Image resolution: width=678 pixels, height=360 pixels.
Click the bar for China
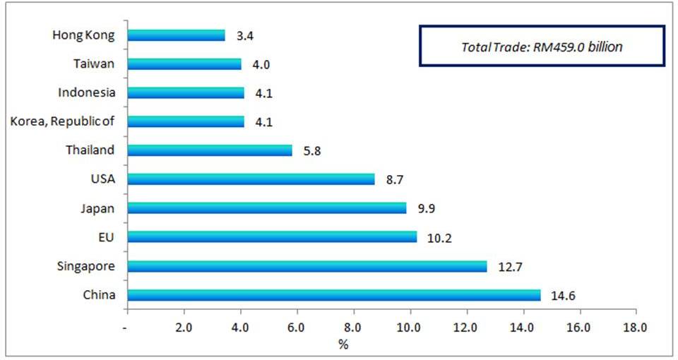tap(333, 295)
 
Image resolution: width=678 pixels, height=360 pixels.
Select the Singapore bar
tap(307, 266)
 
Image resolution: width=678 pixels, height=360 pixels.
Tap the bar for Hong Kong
tap(176, 35)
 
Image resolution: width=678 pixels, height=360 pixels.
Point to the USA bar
tap(251, 179)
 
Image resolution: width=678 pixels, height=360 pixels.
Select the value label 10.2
tap(439, 238)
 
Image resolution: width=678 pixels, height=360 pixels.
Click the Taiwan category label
tap(94, 64)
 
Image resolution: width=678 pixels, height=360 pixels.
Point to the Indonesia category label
tap(87, 92)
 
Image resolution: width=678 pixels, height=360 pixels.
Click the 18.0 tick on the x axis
tap(635, 328)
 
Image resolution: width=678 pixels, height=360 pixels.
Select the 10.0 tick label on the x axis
tap(409, 328)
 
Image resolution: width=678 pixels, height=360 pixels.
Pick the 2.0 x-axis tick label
tap(184, 328)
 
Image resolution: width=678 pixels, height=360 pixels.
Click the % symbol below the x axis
tap(343, 344)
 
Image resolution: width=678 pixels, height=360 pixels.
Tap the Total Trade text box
tap(542, 47)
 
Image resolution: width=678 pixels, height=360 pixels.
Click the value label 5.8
tap(312, 151)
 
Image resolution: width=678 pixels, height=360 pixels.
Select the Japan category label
tap(99, 208)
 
